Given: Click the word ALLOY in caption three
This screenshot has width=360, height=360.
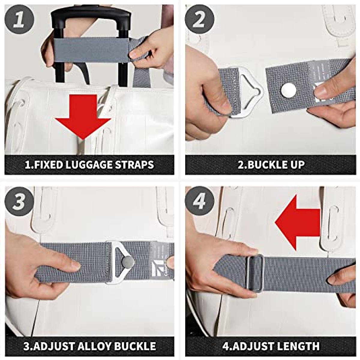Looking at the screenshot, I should click(x=90, y=346).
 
